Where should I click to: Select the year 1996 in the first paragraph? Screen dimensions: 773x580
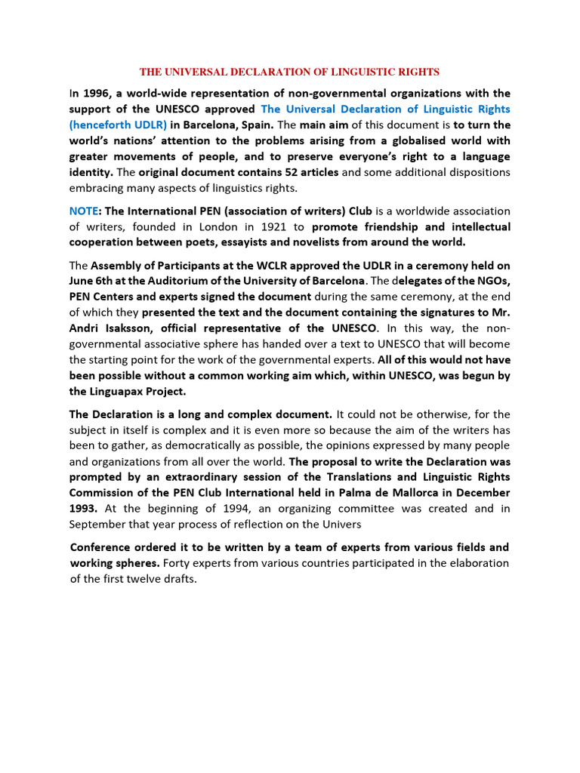[96, 94]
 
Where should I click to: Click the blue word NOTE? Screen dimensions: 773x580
[83, 211]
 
